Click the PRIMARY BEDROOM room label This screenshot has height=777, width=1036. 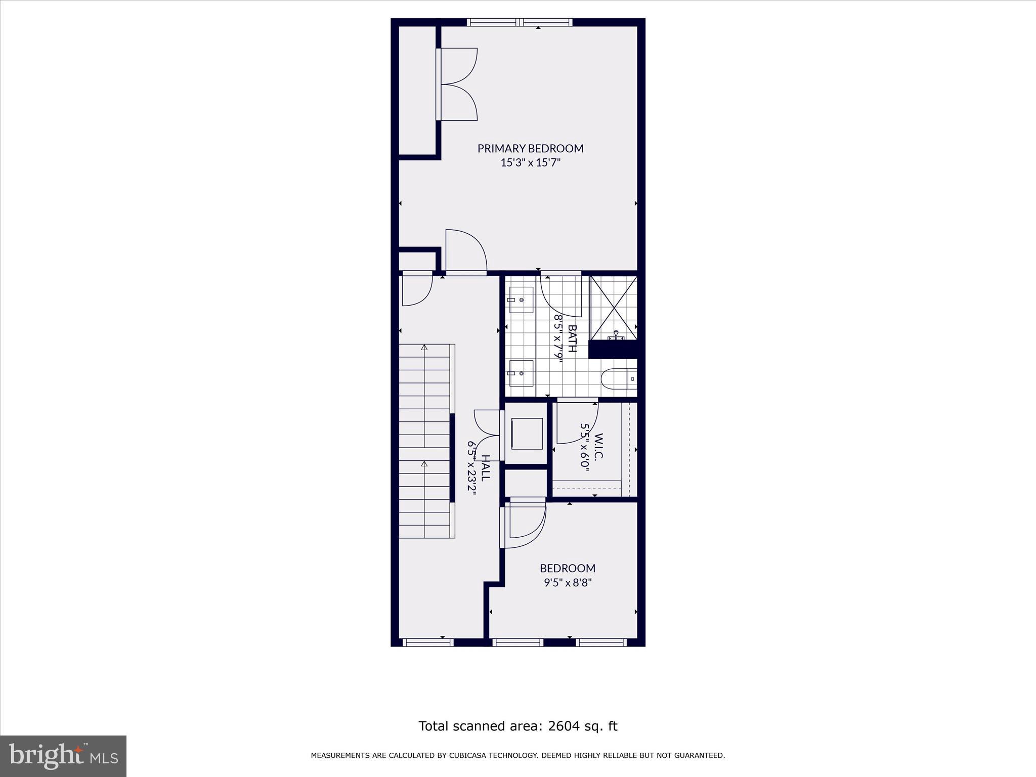pyautogui.click(x=530, y=148)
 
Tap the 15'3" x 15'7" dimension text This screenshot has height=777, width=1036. pyautogui.click(x=530, y=163)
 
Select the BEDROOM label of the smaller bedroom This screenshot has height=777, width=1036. pyautogui.click(x=567, y=568)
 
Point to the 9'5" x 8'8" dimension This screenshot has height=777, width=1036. pyautogui.click(x=567, y=583)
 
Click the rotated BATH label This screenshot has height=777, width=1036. pyautogui.click(x=572, y=338)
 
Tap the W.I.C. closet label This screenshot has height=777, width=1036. pyautogui.click(x=598, y=447)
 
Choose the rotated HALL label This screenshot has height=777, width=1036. pyautogui.click(x=485, y=468)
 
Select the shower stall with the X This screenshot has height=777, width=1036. pyautogui.click(x=614, y=308)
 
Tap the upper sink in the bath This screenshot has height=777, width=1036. pyautogui.click(x=521, y=300)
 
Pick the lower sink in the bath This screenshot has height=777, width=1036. pyautogui.click(x=521, y=373)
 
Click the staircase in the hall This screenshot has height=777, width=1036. pyautogui.click(x=425, y=440)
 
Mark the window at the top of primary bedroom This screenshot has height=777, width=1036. pyautogui.click(x=520, y=22)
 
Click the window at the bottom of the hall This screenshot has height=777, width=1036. pyautogui.click(x=428, y=642)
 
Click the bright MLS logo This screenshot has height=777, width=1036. pyautogui.click(x=63, y=756)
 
